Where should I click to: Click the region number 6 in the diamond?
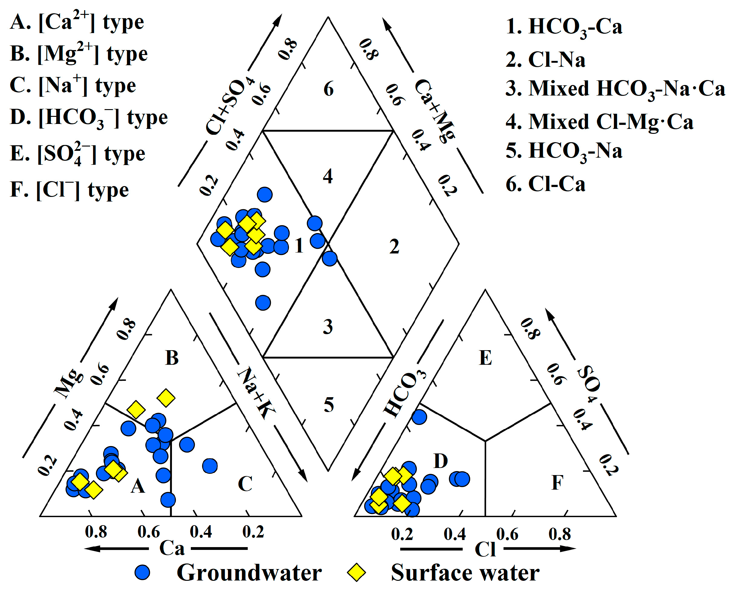tap(328, 89)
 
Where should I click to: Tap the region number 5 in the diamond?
tap(328, 405)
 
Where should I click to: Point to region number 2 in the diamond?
tap(394, 246)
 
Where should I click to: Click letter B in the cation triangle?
tap(172, 358)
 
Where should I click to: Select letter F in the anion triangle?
tap(557, 483)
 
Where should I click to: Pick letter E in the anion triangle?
tap(485, 358)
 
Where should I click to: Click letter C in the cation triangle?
tap(245, 484)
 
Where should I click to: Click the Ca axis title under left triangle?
tap(172, 548)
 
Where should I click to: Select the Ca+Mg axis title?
tap(435, 111)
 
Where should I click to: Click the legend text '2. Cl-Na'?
tap(545, 60)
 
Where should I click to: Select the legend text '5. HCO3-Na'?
tap(564, 151)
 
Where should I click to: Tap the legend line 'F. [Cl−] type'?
tap(70, 190)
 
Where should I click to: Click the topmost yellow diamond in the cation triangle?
tap(166, 398)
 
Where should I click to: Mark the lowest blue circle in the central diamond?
tap(263, 303)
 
